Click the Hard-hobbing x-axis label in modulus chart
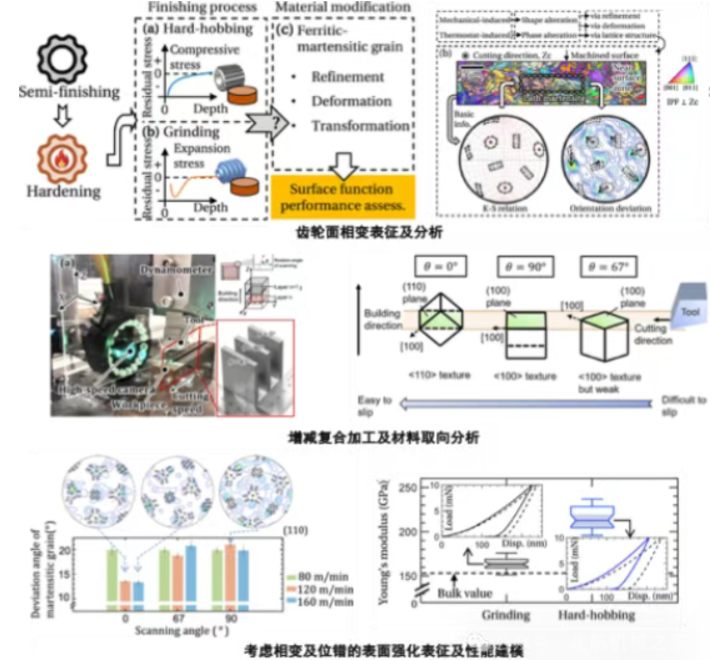pos(602,616)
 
